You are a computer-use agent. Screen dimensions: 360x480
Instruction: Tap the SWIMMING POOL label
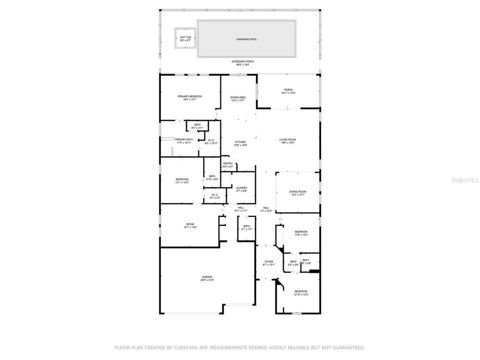point(246,38)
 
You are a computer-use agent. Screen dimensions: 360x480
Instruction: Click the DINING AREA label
point(237,98)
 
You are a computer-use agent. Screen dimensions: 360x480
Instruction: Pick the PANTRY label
point(228,164)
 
